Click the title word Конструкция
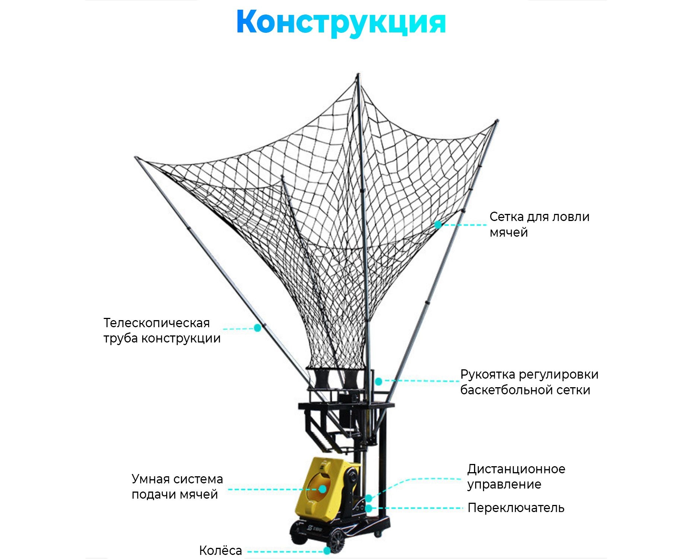point(341,22)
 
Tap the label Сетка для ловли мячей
point(539,224)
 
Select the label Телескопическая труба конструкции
point(162,331)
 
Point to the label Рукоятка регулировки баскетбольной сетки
point(529,382)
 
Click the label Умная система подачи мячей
point(177,487)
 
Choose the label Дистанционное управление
point(516,476)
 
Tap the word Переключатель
point(516,508)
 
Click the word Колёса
point(220,550)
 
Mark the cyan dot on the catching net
point(438,224)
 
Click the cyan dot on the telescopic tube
point(257,328)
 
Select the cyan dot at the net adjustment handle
point(378,381)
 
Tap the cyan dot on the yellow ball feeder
point(323,489)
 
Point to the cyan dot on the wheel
point(327,551)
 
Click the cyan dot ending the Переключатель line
point(369,508)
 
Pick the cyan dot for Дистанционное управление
point(368,498)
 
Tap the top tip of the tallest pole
point(358,75)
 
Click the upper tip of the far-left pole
point(136,158)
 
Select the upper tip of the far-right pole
point(497,121)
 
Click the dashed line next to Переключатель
point(417,508)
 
